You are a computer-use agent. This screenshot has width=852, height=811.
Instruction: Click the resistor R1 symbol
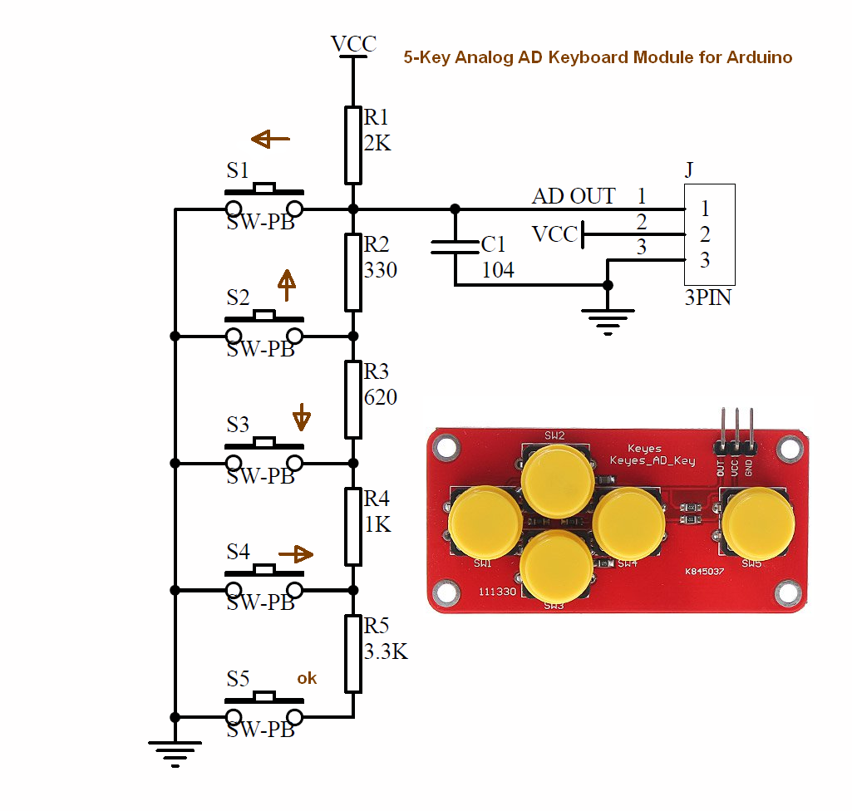click(353, 145)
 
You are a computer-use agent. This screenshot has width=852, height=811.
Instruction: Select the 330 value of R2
click(380, 270)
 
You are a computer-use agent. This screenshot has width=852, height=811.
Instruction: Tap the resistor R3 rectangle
click(353, 399)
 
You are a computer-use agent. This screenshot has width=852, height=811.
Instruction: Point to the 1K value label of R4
click(377, 525)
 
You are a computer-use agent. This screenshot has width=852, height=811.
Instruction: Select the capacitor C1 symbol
click(455, 246)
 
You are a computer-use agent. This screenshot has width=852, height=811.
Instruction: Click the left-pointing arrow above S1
click(271, 140)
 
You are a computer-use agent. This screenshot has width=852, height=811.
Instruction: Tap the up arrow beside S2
click(286, 285)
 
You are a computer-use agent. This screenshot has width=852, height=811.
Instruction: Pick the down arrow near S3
click(302, 416)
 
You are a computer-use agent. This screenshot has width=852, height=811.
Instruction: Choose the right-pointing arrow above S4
click(296, 553)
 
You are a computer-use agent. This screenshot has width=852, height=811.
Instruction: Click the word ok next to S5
click(307, 679)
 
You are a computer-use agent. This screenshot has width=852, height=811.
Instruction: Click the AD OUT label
click(574, 197)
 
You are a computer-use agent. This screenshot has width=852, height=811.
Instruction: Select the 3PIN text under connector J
click(707, 297)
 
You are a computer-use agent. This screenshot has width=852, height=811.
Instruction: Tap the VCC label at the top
click(353, 44)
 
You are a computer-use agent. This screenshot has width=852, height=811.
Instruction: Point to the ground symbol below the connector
click(608, 321)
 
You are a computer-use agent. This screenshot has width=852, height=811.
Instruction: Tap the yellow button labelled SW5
click(757, 524)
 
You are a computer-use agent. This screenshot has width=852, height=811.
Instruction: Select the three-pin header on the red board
click(736, 432)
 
